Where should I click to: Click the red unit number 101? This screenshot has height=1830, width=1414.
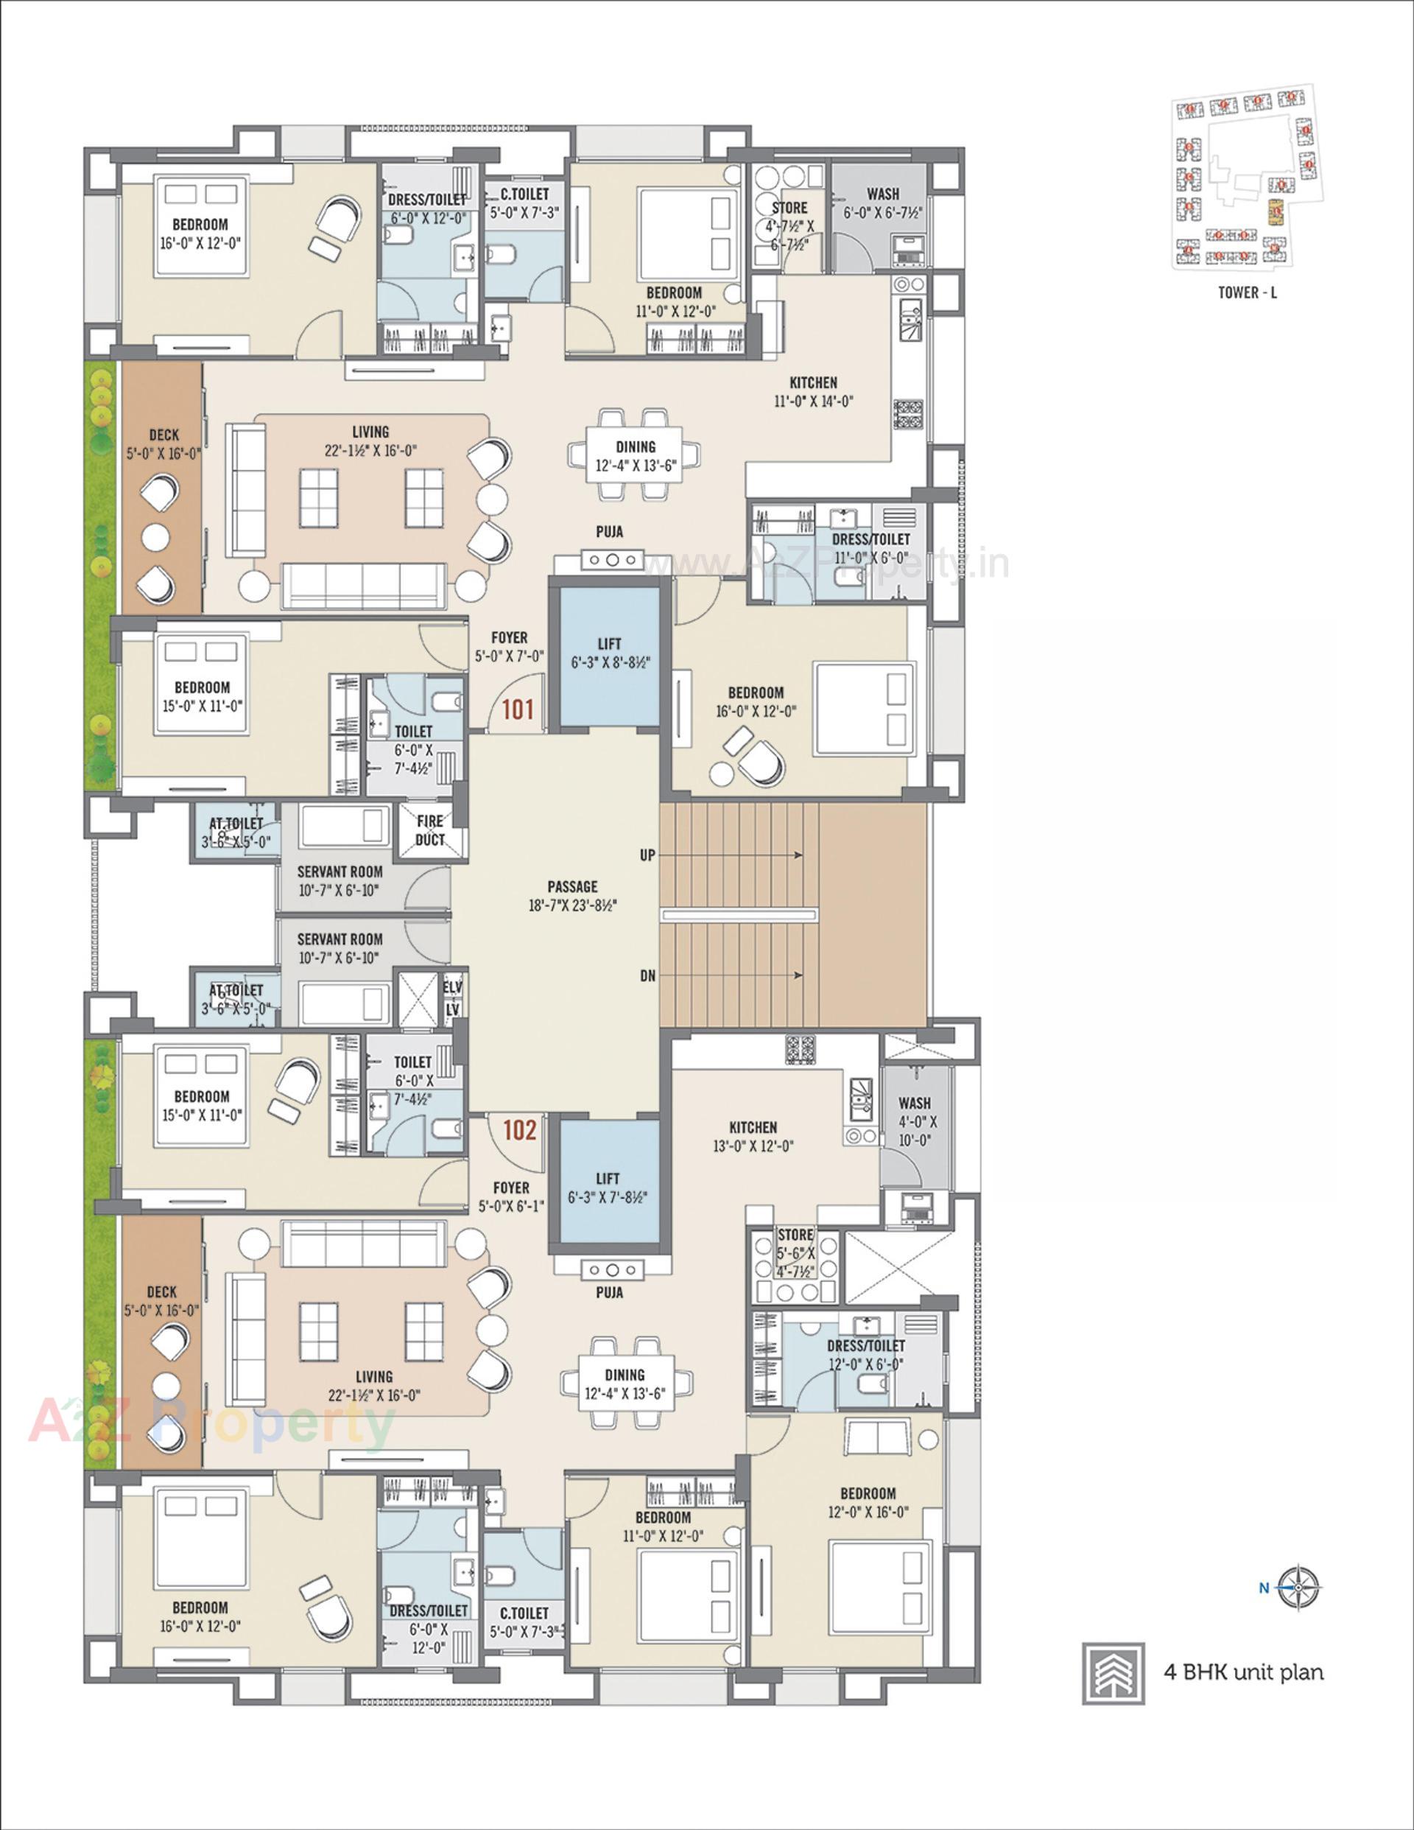[x=518, y=709]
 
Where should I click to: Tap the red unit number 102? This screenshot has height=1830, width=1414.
[x=519, y=1130]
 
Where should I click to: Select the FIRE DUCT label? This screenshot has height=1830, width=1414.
[x=430, y=830]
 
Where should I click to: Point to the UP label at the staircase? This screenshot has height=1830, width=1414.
[x=647, y=855]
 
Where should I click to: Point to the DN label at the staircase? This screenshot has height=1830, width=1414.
[x=647, y=976]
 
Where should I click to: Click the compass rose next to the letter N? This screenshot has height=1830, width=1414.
[x=1300, y=1587]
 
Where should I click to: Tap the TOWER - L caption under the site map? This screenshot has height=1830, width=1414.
[x=1248, y=292]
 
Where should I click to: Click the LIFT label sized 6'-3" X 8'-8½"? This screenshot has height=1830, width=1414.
[x=610, y=653]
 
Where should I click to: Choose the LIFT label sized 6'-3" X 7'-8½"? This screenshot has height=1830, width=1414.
[x=608, y=1188]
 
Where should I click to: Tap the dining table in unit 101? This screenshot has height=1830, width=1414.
[x=635, y=456]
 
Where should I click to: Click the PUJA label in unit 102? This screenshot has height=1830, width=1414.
[x=609, y=1293]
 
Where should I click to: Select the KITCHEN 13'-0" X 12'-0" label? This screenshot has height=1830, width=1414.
[x=753, y=1136]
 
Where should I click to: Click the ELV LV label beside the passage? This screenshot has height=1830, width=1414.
[x=453, y=998]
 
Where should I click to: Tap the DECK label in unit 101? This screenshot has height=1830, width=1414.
[x=163, y=444]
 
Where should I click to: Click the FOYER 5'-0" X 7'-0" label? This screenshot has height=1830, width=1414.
[x=510, y=648]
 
